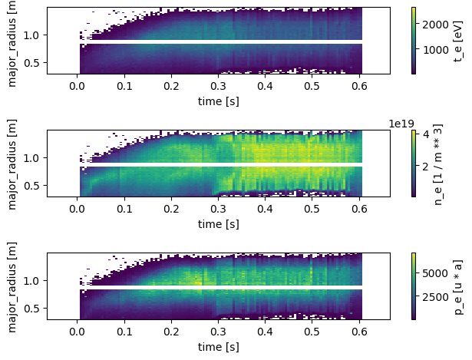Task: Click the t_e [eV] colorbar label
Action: [x=458, y=41]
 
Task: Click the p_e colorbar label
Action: [x=458, y=286]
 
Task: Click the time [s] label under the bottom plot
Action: [x=218, y=347]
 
